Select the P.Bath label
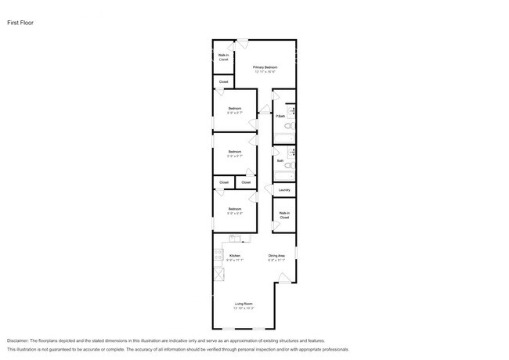(x=280, y=117)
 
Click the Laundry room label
(x=284, y=190)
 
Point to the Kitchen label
(x=234, y=256)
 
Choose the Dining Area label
(x=276, y=256)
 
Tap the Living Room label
(x=244, y=304)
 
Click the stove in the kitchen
(x=218, y=256)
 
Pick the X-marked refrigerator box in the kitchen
(x=218, y=275)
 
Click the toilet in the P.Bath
(x=288, y=125)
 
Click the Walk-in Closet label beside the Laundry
(x=284, y=215)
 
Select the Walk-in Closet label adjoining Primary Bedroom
(x=223, y=57)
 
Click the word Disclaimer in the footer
(x=17, y=341)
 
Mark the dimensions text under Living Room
(x=244, y=308)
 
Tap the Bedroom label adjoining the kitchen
(x=235, y=209)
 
